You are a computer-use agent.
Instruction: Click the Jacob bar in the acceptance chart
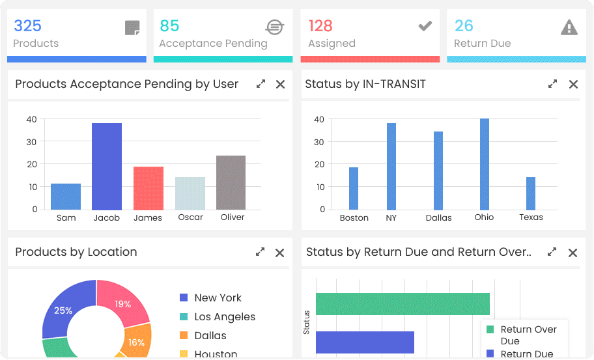107,166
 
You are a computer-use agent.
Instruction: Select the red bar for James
148,188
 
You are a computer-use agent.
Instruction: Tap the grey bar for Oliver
231,182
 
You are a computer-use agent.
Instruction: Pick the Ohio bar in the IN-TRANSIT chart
485,164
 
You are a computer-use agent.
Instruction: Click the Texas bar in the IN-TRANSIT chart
531,193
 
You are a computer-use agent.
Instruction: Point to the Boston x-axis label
354,218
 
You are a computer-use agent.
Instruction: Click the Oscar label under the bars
190,217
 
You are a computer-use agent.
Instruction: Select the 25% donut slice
63,311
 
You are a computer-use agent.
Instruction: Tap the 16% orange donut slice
137,342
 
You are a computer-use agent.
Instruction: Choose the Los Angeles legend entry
224,317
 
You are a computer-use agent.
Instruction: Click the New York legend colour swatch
184,298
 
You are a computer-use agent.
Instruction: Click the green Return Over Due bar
403,304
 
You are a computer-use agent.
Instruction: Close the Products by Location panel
280,253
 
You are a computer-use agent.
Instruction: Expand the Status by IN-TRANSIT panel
552,84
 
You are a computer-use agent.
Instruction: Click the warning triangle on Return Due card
569,27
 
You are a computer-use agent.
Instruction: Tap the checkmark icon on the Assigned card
425,26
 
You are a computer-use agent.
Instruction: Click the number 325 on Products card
27,26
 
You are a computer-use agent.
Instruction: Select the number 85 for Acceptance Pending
169,26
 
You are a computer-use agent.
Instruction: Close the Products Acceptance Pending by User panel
280,84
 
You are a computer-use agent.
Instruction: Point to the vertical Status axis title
307,323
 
